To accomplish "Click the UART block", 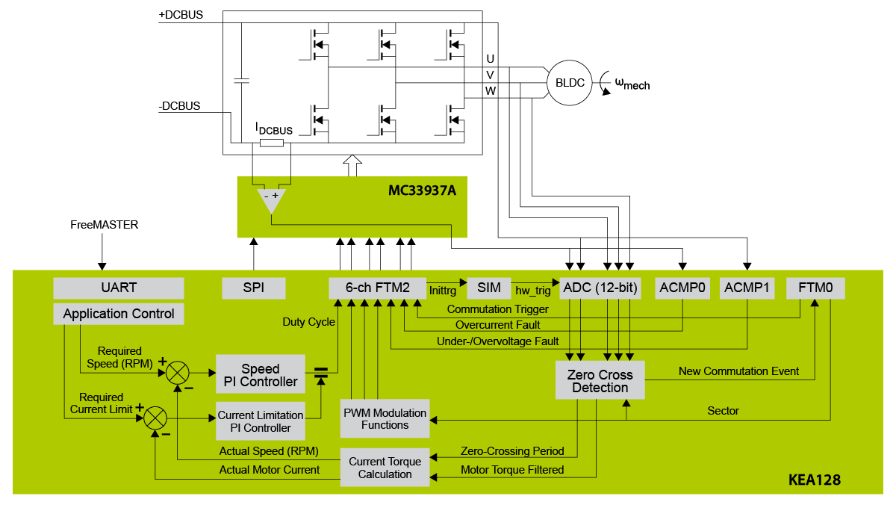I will (x=119, y=288).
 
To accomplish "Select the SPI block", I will (x=254, y=288).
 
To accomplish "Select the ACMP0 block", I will (x=682, y=288).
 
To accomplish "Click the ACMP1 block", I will (x=747, y=288).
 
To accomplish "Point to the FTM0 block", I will (x=815, y=288).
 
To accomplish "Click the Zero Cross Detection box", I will (x=600, y=381).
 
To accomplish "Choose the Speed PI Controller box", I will (x=261, y=375).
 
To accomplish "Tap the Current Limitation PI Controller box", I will (x=261, y=421).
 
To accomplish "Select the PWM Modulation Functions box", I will (x=385, y=419).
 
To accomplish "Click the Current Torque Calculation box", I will (x=385, y=468).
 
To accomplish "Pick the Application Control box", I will (x=119, y=314).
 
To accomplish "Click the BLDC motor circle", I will (x=570, y=83).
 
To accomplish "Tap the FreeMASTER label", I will (x=105, y=224).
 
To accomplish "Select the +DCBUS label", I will (x=181, y=15).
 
